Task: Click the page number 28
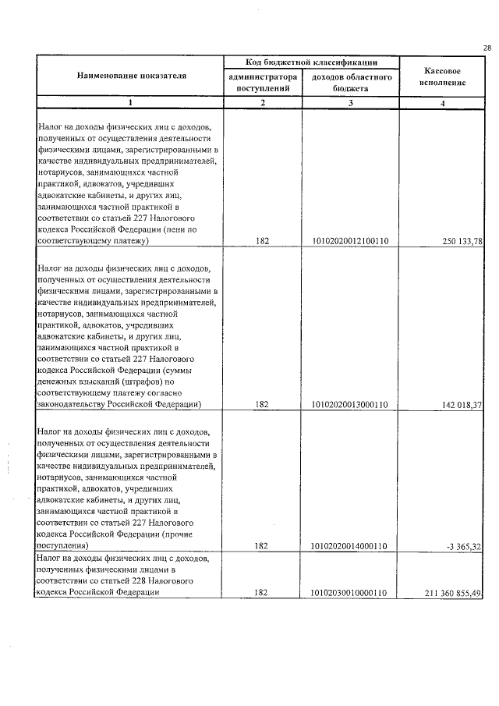coord(487,48)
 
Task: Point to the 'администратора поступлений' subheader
coord(262,83)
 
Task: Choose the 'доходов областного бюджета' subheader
coord(351,83)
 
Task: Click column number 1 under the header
coord(131,103)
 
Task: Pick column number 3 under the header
coord(351,103)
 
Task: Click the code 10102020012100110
coord(350,242)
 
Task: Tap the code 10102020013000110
coord(350,404)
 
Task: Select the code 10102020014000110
coord(350,546)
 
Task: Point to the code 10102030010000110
coord(350,593)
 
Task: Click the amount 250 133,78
coord(463,242)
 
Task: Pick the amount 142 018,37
coord(463,404)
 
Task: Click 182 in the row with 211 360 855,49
coord(262,593)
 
